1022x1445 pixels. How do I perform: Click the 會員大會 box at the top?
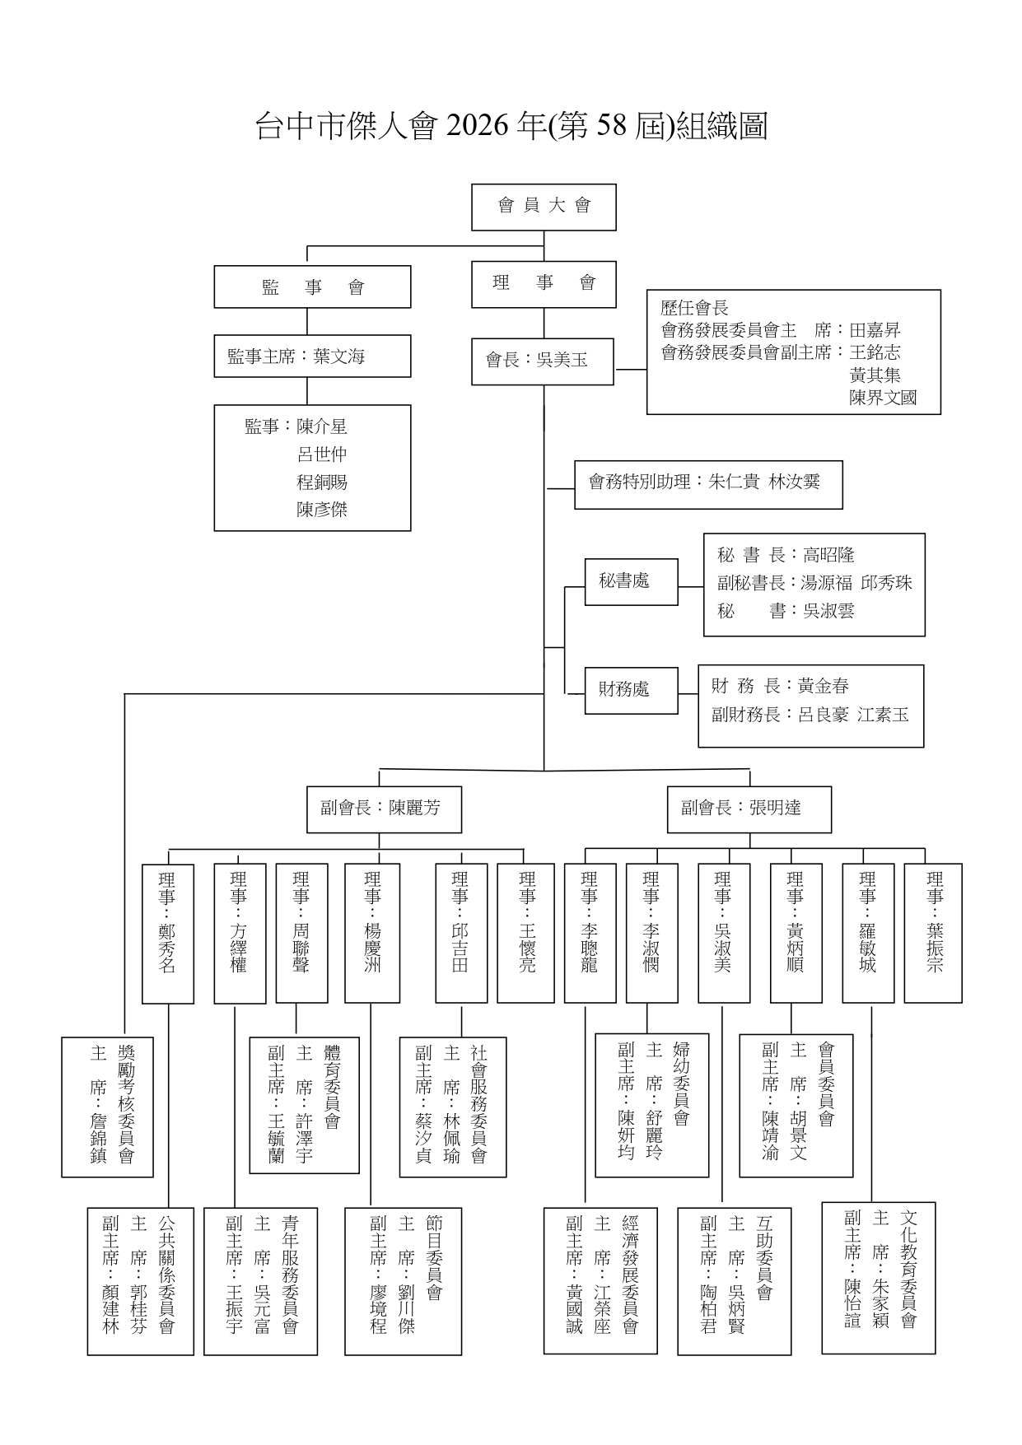pos(544,207)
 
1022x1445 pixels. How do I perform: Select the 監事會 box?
pos(312,287)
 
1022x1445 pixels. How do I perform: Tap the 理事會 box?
pos(544,284)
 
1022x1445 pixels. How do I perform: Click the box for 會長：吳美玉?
pos(542,361)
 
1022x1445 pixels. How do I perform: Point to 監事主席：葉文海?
pos(312,357)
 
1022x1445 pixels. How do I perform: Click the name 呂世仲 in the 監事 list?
pos(322,454)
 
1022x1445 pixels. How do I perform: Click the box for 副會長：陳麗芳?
pos(380,809)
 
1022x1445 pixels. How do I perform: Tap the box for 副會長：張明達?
pos(749,809)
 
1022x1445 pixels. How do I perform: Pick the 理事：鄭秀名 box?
pos(168,933)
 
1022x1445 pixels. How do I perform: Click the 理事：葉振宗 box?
pos(933,933)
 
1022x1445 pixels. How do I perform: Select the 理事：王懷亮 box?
pos(525,933)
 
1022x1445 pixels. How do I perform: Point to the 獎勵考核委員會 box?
pos(108,1106)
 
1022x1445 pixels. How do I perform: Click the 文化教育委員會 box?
pos(879,1277)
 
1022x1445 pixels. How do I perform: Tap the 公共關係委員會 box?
pos(141,1280)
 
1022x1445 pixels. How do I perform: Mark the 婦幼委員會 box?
pos(652,1105)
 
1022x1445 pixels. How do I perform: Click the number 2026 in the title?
pos(474,127)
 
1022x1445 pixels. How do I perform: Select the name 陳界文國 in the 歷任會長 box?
pos(883,399)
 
